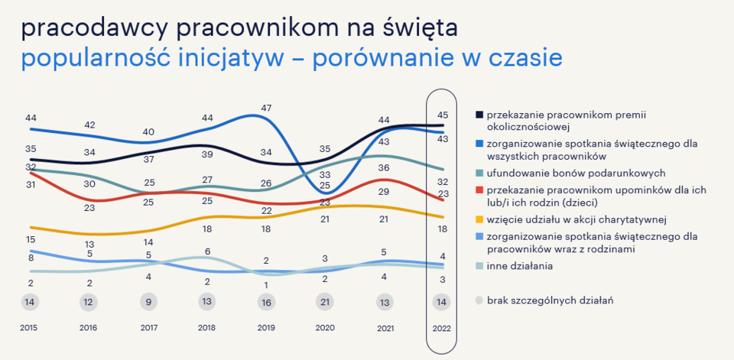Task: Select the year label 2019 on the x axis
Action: pyautogui.click(x=266, y=327)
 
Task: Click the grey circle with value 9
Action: pyautogui.click(x=148, y=302)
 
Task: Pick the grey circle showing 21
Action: pyautogui.click(x=325, y=302)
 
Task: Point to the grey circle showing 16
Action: pyautogui.click(x=266, y=302)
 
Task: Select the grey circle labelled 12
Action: pyautogui.click(x=89, y=302)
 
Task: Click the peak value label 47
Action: pyautogui.click(x=266, y=108)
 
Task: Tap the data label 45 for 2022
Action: pyautogui.click(x=442, y=115)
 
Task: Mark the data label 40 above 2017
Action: pyautogui.click(x=148, y=131)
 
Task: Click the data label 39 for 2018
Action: pyautogui.click(x=207, y=154)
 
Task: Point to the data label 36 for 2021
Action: pyautogui.click(x=384, y=167)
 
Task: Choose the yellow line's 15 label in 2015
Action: pyautogui.click(x=31, y=239)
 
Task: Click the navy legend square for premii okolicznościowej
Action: pyautogui.click(x=479, y=115)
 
